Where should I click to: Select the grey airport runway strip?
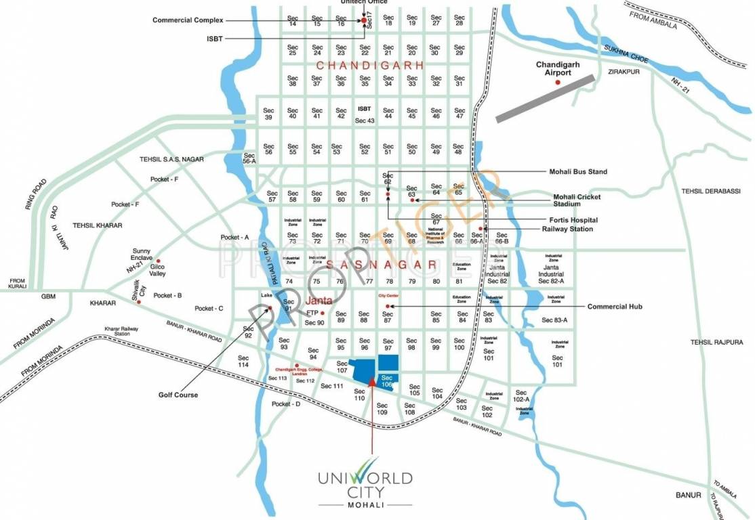point(545,98)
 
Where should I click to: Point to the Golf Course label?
point(178,395)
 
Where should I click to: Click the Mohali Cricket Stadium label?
point(577,200)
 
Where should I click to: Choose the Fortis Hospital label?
point(573,220)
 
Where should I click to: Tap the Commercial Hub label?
point(615,307)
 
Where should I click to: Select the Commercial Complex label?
point(188,20)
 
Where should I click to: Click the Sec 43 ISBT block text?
point(365,114)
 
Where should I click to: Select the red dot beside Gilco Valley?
point(159,261)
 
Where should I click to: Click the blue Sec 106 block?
point(387,381)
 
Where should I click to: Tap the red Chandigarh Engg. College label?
point(296,370)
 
